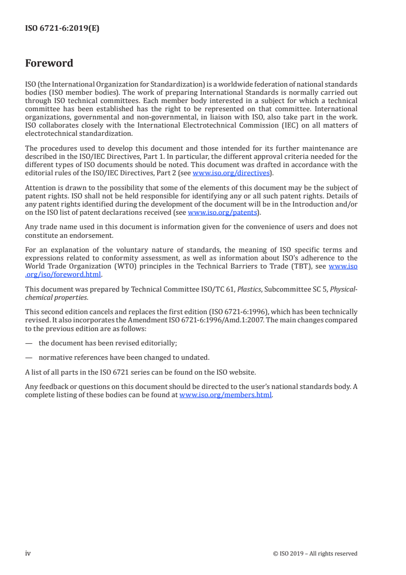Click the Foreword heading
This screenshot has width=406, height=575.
point(49,64)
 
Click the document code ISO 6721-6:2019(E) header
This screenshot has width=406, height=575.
point(62,29)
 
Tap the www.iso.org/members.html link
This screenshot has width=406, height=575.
point(225,396)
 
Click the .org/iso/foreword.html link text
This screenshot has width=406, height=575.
point(63,274)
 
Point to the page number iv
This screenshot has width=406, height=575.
point(28,553)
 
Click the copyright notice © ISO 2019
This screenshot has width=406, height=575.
point(315,553)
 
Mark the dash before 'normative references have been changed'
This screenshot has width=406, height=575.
point(28,357)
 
